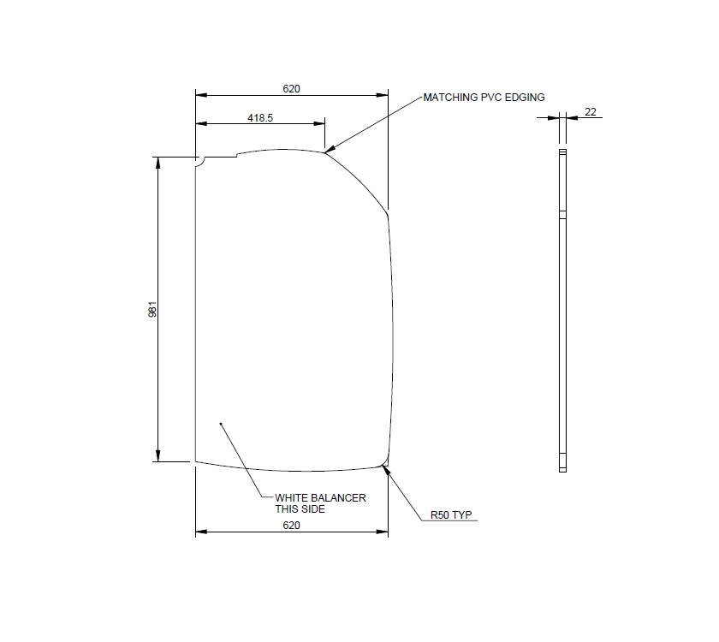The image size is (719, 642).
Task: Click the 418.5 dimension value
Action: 260,118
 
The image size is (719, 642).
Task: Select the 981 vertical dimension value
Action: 152,309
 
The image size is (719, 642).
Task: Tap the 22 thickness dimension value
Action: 591,111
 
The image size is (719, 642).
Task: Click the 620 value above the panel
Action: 291,88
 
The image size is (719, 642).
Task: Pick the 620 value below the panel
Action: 291,526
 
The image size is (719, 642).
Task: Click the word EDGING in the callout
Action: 524,98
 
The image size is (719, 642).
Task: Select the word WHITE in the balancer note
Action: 292,497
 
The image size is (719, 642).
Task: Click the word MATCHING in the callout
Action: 451,98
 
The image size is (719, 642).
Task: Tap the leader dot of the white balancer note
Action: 221,423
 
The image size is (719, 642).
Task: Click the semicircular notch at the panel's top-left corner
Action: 198,159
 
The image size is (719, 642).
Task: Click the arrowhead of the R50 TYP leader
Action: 385,467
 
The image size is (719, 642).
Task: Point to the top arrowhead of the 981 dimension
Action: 157,162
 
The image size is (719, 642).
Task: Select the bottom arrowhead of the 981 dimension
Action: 157,456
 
